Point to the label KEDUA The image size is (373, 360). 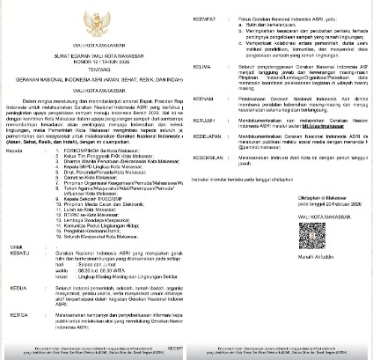point(17,311)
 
